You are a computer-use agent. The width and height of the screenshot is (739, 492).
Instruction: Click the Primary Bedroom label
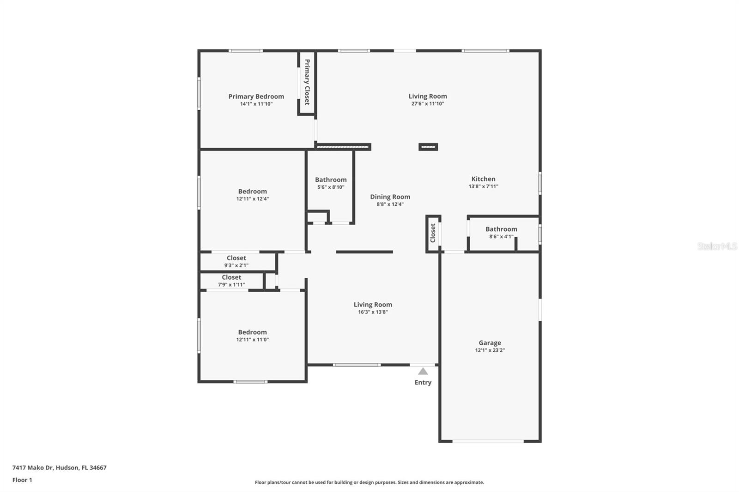[256, 96]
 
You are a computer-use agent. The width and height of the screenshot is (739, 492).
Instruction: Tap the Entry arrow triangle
[423, 371]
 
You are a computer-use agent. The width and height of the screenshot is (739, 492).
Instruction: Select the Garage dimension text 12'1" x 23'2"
[490, 350]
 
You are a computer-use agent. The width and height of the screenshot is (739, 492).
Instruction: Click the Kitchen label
[483, 179]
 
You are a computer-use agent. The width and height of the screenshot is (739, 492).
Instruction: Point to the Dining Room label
[390, 197]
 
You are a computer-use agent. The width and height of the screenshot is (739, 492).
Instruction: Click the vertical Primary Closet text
[307, 82]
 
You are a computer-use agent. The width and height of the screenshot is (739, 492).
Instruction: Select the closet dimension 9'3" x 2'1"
[236, 265]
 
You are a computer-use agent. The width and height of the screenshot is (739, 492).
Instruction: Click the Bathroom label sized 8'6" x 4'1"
[501, 229]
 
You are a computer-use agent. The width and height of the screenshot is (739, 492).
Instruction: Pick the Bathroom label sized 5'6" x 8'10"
[331, 180]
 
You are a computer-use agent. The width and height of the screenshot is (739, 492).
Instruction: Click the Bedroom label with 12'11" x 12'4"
[252, 192]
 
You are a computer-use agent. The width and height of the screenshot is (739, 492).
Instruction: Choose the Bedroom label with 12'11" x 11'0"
[252, 332]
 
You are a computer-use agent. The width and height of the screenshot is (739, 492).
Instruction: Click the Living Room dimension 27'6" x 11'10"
[427, 104]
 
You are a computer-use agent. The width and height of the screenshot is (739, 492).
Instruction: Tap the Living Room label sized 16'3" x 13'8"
[373, 305]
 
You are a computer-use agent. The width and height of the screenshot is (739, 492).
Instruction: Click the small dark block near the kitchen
[428, 147]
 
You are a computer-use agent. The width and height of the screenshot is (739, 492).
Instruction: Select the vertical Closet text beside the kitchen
[433, 233]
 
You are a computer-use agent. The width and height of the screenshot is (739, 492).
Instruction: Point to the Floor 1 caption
[22, 480]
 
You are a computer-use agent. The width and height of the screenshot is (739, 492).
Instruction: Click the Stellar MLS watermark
[717, 246]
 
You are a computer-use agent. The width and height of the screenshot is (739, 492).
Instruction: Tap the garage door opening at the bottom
[488, 441]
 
